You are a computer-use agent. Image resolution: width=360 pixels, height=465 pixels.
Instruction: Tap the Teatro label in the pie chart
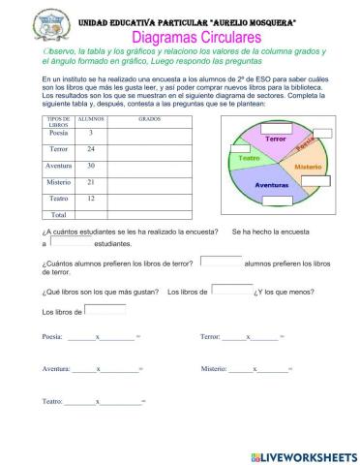(x=250, y=157)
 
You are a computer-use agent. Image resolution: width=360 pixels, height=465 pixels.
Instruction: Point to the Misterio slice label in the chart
(x=308, y=167)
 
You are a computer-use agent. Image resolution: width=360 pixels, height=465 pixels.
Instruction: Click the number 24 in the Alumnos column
(x=91, y=149)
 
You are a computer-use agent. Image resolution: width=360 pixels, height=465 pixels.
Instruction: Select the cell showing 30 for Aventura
(x=91, y=166)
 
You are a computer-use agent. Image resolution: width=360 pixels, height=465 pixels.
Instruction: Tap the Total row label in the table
(x=58, y=214)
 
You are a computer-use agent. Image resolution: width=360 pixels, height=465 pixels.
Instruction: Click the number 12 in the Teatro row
(x=91, y=198)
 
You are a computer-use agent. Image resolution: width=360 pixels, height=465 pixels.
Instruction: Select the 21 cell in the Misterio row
(x=91, y=181)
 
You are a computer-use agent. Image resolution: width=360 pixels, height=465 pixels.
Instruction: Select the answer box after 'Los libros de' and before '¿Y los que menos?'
(x=231, y=289)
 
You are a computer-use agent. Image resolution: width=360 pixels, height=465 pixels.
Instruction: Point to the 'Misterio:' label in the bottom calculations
(x=214, y=369)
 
